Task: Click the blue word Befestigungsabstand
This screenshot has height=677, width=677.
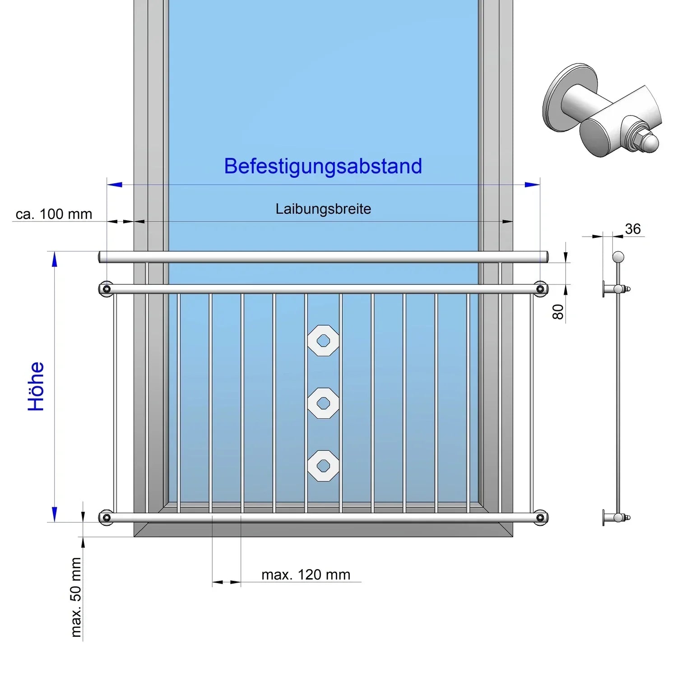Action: pyautogui.click(x=323, y=166)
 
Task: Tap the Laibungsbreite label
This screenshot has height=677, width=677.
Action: pyautogui.click(x=323, y=209)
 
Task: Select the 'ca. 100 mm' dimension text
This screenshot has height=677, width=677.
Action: pyautogui.click(x=54, y=214)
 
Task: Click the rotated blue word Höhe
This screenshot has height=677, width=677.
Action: pyautogui.click(x=36, y=386)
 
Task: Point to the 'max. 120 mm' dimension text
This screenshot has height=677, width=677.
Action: pyautogui.click(x=306, y=575)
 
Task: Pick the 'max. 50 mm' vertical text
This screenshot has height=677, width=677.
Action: pyautogui.click(x=76, y=597)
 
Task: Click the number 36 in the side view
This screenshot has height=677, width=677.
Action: pyautogui.click(x=633, y=229)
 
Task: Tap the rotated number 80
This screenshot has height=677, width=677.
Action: pyautogui.click(x=558, y=311)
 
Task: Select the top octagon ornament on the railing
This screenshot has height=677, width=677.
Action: pyautogui.click(x=323, y=340)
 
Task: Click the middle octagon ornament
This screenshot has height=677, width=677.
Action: pyautogui.click(x=323, y=403)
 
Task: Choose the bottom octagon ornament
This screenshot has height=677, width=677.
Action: pyautogui.click(x=323, y=465)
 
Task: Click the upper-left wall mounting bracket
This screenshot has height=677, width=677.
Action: pyautogui.click(x=107, y=289)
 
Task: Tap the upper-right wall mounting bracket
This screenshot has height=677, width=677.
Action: pyautogui.click(x=540, y=289)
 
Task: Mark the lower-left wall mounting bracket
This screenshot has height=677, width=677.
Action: pyautogui.click(x=107, y=517)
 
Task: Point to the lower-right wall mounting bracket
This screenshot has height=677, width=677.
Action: pyautogui.click(x=540, y=517)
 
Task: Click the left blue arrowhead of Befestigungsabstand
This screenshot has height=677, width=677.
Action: pyautogui.click(x=115, y=185)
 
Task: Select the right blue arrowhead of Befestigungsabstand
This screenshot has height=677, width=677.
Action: pyautogui.click(x=532, y=185)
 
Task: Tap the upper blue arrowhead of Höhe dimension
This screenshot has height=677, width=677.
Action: pyautogui.click(x=55, y=260)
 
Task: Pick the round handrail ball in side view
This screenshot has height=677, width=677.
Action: pyautogui.click(x=618, y=257)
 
